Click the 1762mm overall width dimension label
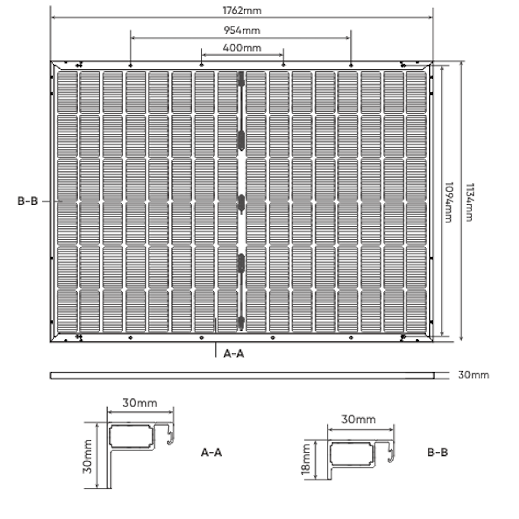(242, 10)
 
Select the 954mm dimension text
(242, 30)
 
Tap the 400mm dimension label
(242, 48)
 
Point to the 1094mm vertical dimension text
(448, 202)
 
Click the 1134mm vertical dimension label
(470, 202)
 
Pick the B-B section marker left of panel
(27, 201)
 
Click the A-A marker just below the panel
(234, 354)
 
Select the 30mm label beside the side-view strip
(474, 375)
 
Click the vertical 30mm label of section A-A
(87, 456)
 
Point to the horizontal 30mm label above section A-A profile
(140, 403)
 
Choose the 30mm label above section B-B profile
(358, 419)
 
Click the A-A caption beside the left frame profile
(211, 452)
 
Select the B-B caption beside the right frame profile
(438, 452)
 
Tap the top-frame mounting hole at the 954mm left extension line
(131, 65)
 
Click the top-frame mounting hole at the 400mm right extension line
(283, 65)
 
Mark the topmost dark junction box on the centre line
(241, 79)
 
